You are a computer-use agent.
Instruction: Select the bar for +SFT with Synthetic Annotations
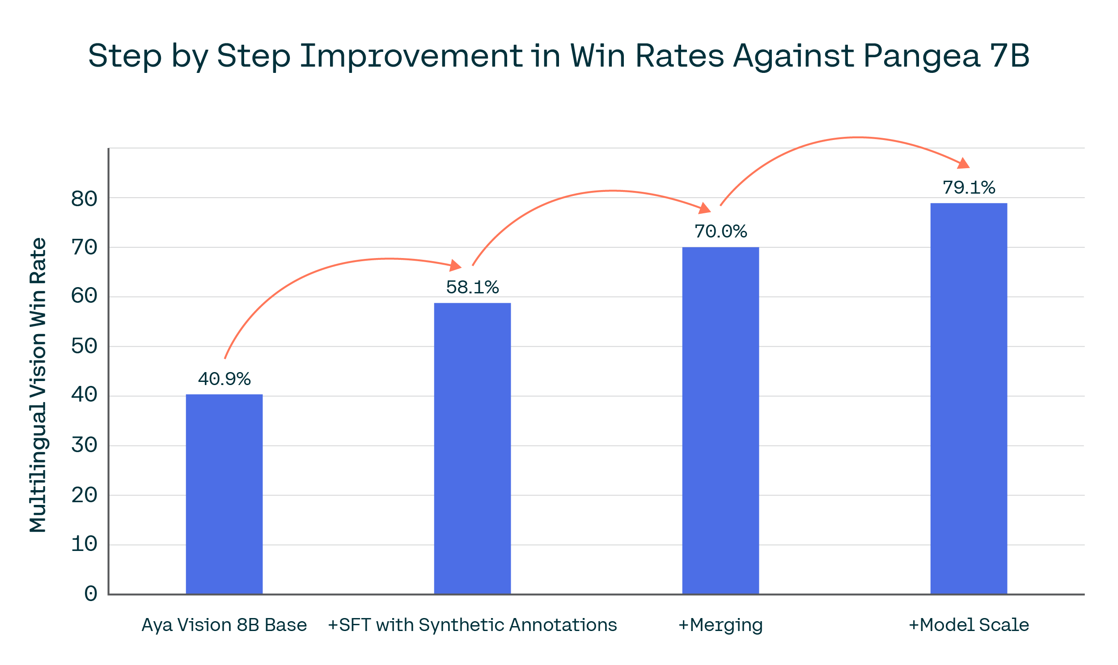click(472, 448)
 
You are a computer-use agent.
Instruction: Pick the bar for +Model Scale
click(968, 398)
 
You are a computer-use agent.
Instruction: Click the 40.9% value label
click(224, 379)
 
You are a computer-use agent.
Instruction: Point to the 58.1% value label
click(472, 287)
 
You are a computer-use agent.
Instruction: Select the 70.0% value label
click(720, 232)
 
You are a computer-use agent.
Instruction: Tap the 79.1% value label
click(968, 187)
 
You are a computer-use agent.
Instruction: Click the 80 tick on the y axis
click(84, 199)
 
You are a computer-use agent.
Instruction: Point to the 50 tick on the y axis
click(84, 346)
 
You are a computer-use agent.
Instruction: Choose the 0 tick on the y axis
click(90, 594)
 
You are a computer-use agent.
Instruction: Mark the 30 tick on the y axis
click(84, 445)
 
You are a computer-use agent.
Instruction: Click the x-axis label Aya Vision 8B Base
click(224, 625)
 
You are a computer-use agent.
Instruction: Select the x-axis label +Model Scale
click(968, 625)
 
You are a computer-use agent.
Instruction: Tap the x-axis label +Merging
click(720, 625)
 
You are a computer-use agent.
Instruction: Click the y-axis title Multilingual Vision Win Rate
click(38, 385)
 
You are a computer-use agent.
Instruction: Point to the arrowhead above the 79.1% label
click(963, 164)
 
